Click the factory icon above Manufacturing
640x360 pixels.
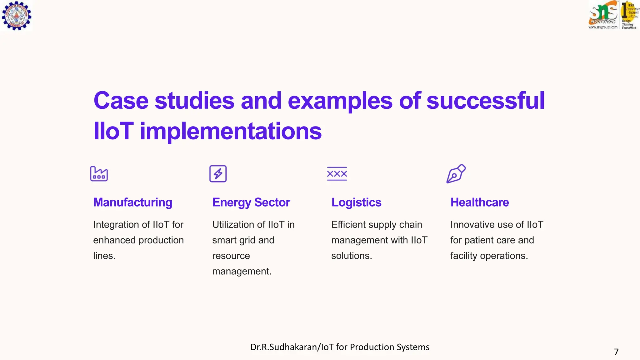[99, 174]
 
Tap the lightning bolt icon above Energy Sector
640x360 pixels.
[218, 174]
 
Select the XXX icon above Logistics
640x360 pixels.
[337, 174]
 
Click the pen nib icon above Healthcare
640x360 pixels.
[456, 174]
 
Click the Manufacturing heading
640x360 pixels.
[132, 202]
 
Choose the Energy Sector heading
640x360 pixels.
[251, 202]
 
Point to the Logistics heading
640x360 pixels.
[356, 202]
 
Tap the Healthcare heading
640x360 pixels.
[479, 202]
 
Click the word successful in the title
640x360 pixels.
[485, 101]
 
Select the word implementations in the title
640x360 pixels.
[231, 131]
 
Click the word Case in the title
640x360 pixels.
[121, 101]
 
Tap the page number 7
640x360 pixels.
[616, 352]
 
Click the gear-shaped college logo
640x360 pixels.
[17, 15]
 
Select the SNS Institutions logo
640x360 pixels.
[603, 15]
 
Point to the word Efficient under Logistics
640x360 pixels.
[348, 225]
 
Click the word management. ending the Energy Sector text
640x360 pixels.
[242, 271]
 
